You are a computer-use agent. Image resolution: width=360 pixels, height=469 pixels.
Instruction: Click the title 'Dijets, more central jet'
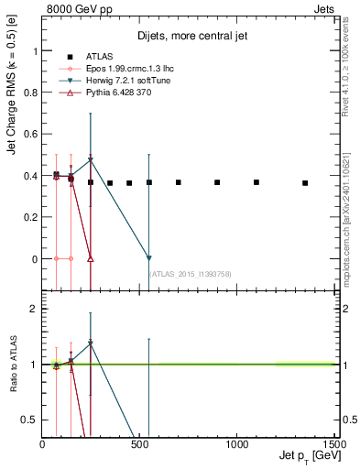(186, 37)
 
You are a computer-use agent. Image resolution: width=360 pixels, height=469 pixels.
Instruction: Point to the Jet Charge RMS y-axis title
(12, 108)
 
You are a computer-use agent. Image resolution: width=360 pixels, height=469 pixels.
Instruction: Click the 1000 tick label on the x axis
(237, 444)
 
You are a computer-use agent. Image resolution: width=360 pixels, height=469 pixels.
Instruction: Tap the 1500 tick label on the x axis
(334, 444)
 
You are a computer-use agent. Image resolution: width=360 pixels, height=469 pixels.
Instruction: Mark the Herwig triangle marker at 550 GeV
(149, 258)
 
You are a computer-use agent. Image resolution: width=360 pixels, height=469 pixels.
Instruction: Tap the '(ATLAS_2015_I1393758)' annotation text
(189, 273)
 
